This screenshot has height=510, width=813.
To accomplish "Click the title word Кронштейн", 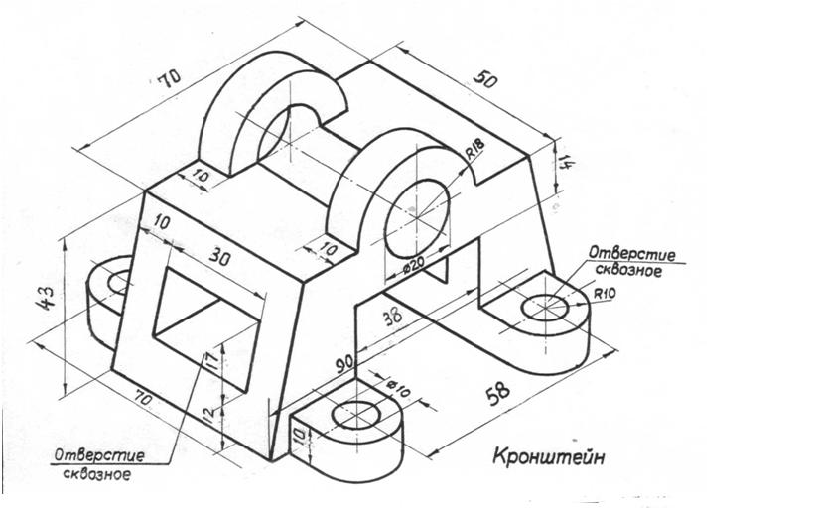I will click(x=548, y=456).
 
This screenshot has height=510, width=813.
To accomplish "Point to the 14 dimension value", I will click(x=566, y=161).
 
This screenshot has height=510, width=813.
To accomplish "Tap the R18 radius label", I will click(x=474, y=151).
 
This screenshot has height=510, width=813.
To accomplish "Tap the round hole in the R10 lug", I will click(x=544, y=308).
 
